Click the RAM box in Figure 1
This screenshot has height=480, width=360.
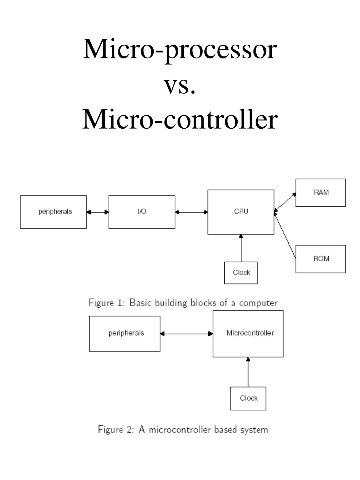pos(320,192)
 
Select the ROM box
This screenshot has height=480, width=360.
pos(320,259)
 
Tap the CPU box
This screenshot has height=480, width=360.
pos(241,212)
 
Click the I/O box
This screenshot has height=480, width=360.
pos(142,212)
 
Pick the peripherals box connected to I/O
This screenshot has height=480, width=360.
pos(53,212)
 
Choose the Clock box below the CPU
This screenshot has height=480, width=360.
pos(241,273)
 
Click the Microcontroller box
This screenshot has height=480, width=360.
pos(248,333)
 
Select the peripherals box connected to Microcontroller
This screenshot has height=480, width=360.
pos(124,333)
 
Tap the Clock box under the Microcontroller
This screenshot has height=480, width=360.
pos(248,398)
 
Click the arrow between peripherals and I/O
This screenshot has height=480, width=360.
pos(98,212)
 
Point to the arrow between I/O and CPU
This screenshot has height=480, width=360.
pos(191,212)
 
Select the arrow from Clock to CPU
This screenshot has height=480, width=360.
pos(241,248)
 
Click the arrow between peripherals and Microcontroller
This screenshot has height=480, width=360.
pos(186,334)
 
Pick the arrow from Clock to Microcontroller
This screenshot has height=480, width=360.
pos(248,372)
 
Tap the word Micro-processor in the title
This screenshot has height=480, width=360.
pos(180,50)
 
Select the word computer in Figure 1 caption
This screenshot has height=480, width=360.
pos(258,303)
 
